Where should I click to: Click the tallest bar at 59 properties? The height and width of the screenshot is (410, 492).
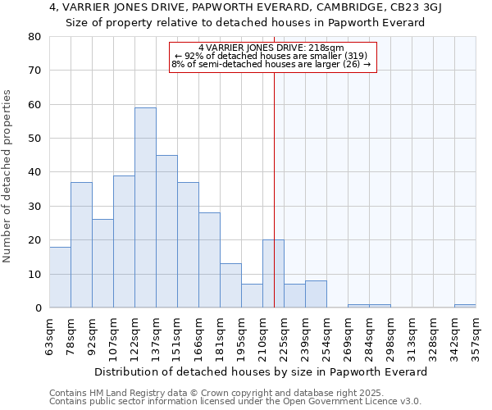point(145,207)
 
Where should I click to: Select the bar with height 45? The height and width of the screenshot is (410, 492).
point(166,231)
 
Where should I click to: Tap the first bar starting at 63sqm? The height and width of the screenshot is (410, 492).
point(60,277)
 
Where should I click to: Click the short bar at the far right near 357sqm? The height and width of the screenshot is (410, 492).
point(465,306)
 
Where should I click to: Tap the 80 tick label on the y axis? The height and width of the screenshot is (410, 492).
point(34,37)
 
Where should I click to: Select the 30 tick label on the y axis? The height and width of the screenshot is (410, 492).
point(34,206)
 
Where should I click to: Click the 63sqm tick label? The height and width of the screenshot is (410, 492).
point(49,333)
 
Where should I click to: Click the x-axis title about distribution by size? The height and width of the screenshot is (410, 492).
point(261,371)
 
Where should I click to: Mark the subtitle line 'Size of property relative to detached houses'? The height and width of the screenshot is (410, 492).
point(244,23)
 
